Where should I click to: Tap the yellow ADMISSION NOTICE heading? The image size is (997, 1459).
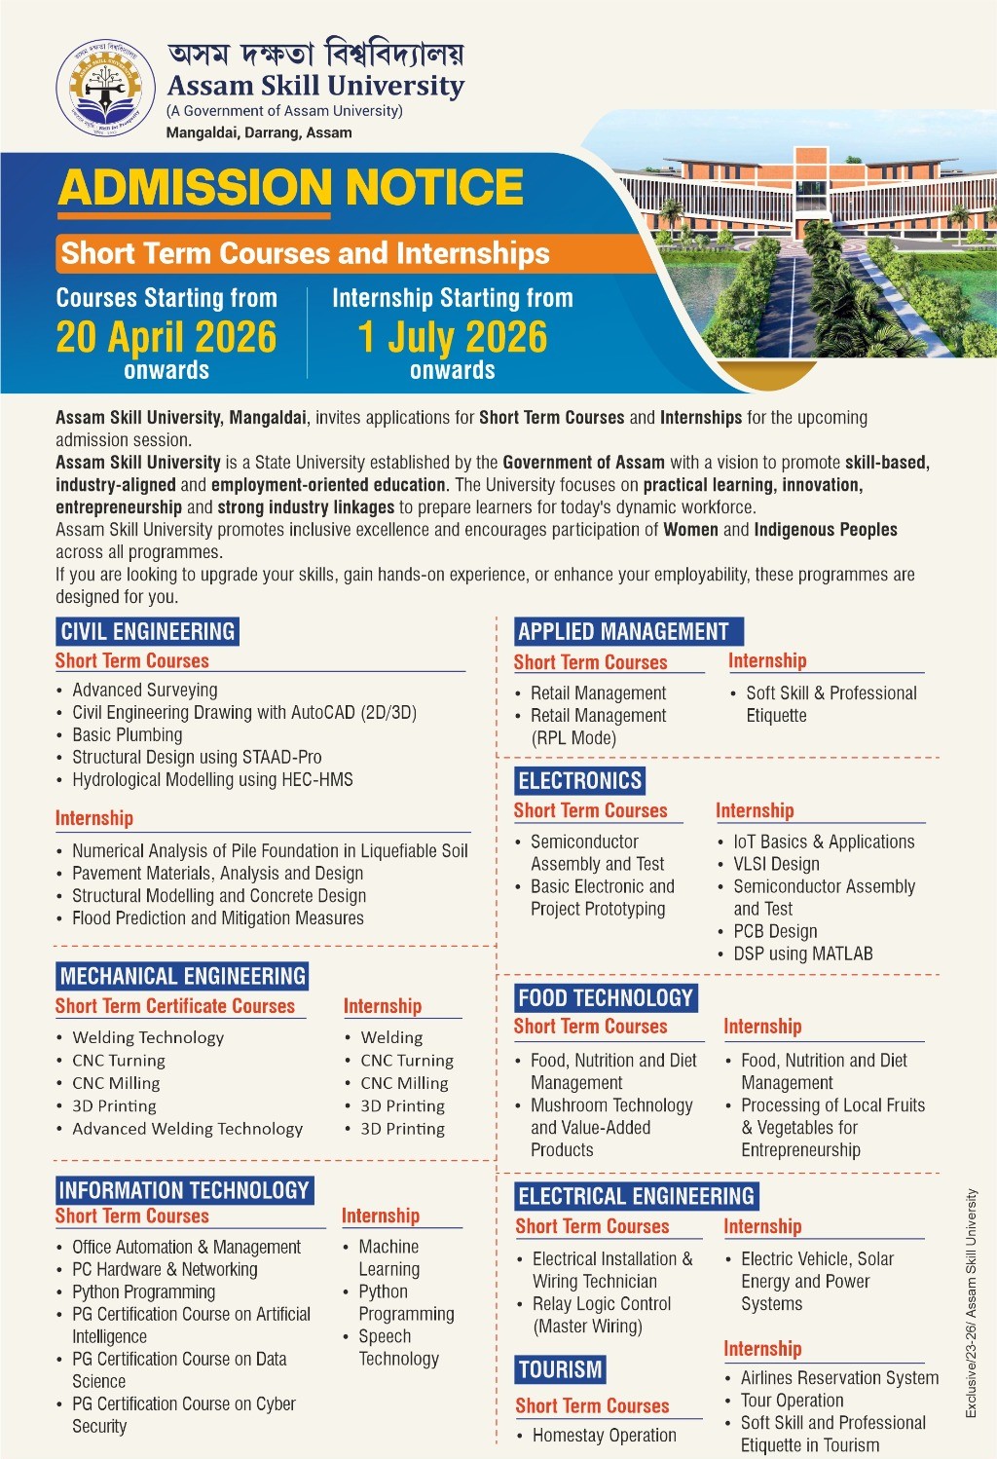[290, 188]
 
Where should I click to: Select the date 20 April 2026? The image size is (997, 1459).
[166, 337]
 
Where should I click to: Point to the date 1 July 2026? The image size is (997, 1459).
[453, 337]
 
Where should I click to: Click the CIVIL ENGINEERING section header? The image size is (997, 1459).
[147, 631]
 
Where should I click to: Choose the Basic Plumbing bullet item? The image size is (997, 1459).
[128, 735]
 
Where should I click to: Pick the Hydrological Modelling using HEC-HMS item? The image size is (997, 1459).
[212, 780]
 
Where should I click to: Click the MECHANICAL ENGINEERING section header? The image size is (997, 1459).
[183, 976]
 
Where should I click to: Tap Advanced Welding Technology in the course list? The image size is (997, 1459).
[187, 1129]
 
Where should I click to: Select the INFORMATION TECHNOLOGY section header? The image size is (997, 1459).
[184, 1190]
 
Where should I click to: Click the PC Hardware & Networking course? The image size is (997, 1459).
[165, 1270]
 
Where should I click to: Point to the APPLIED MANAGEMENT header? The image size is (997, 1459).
[624, 631]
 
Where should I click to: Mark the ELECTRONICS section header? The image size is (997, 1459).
[579, 780]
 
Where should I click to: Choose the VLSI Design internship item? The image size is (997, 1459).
[776, 865]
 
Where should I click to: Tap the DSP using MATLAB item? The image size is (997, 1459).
[803, 954]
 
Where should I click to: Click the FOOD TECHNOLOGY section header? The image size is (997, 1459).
[605, 997]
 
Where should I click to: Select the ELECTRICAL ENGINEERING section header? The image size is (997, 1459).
[636, 1196]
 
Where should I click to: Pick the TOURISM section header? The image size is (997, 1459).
[560, 1370]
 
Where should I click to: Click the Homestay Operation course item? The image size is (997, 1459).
[604, 1436]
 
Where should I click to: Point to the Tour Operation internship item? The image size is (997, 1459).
[793, 1401]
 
